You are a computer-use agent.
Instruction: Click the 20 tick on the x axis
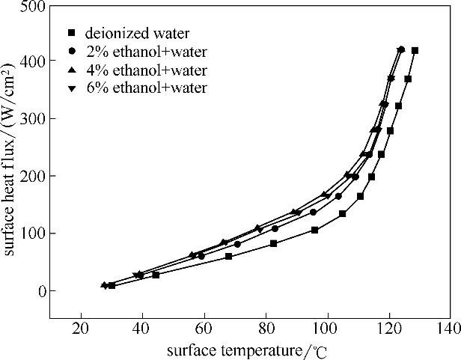pyautogui.click(x=80, y=327)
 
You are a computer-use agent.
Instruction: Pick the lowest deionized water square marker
pyautogui.click(x=112, y=285)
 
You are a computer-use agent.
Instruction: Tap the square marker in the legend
pyautogui.click(x=72, y=33)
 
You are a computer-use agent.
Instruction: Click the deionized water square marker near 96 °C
pyautogui.click(x=314, y=231)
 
